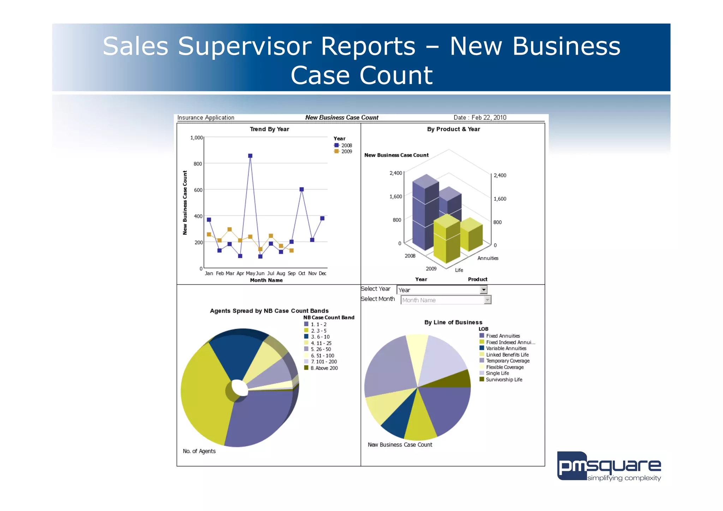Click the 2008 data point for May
coord(250,156)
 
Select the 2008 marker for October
coord(301,189)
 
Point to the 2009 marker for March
coord(229,229)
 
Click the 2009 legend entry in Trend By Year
coord(343,151)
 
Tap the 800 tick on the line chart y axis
coord(198,164)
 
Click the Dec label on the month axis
coord(322,273)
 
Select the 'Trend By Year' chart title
coord(269,129)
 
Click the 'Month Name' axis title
coord(266,280)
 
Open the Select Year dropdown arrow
coord(483,290)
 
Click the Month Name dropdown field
coord(443,300)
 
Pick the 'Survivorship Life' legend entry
coord(503,380)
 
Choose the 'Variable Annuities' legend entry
coord(506,348)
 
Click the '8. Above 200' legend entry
coord(324,368)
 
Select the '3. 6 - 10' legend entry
coord(320,337)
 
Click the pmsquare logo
coord(609,467)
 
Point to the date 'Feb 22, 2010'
coord(489,118)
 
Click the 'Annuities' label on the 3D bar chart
coord(488,258)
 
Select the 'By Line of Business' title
coord(453,322)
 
